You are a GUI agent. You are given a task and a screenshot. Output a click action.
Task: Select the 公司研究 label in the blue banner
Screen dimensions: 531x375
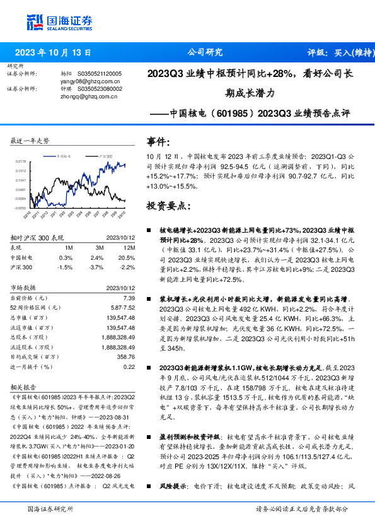205,53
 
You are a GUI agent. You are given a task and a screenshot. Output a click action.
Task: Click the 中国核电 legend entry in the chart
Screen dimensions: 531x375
66,155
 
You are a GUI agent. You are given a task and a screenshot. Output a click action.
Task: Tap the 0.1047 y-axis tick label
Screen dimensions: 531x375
21,180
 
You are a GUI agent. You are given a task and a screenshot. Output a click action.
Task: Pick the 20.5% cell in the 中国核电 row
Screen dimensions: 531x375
127,258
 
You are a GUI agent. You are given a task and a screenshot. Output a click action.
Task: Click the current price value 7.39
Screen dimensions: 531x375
129,297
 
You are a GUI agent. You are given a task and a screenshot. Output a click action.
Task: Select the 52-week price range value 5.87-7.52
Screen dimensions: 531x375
122,306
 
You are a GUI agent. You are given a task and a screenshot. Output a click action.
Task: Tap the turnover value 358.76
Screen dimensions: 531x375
126,357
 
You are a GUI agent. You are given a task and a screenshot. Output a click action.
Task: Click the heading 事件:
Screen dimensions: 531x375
158,141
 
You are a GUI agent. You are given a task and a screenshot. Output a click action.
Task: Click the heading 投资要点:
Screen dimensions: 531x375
167,206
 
